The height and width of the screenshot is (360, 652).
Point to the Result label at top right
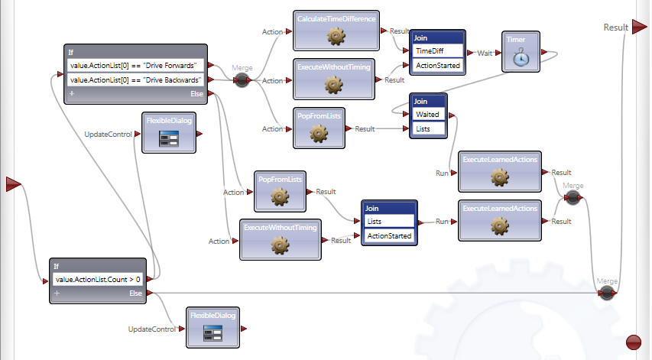(x=616, y=27)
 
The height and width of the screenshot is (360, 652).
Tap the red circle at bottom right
(x=634, y=342)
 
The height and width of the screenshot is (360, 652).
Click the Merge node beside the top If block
(x=242, y=79)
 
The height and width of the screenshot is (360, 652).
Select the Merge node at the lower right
(x=607, y=294)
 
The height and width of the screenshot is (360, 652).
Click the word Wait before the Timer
(x=484, y=54)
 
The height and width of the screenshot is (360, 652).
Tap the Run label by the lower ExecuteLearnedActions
(x=443, y=221)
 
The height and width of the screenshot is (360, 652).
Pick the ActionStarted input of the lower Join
(x=390, y=236)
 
